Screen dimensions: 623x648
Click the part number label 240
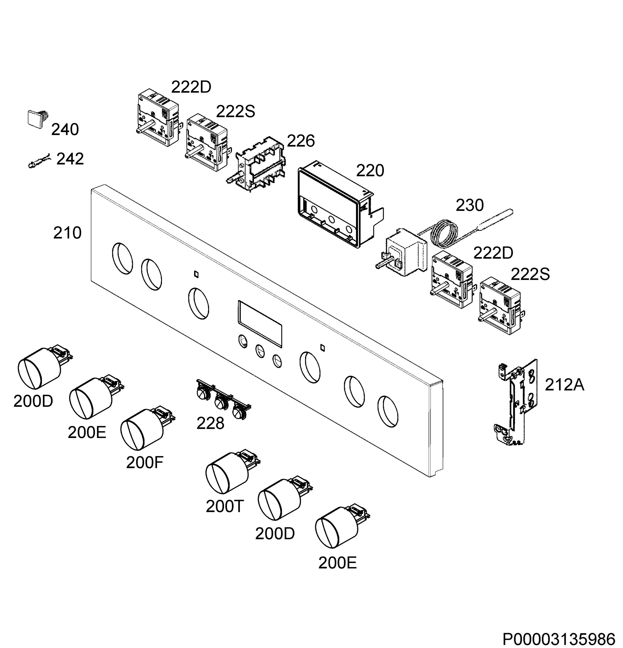point(65,129)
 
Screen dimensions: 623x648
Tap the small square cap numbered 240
point(37,119)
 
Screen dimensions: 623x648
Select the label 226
point(301,141)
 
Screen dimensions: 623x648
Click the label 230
point(470,205)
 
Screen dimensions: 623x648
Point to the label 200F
point(145,463)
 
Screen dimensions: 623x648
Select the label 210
point(67,233)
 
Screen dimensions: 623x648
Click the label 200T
point(225,507)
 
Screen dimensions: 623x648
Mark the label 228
point(210,424)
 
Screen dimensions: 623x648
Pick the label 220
point(370,171)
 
